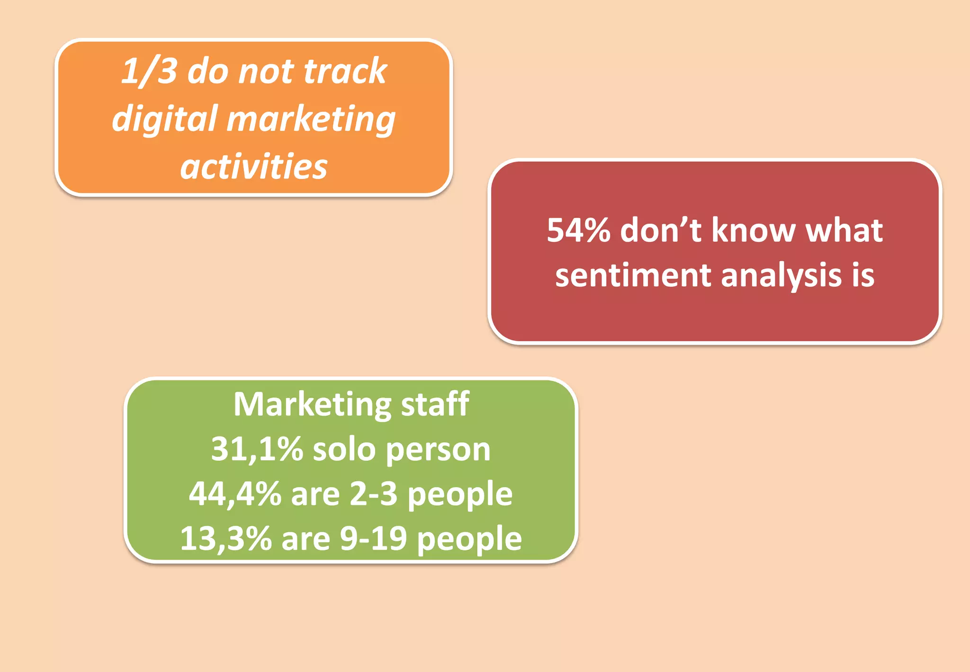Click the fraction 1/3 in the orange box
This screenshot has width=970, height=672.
coord(149,72)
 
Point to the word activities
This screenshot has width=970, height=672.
coord(254,167)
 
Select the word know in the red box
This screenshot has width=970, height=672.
coord(754,230)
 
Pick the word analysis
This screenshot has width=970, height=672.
coord(781,275)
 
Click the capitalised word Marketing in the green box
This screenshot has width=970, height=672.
coord(312,405)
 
